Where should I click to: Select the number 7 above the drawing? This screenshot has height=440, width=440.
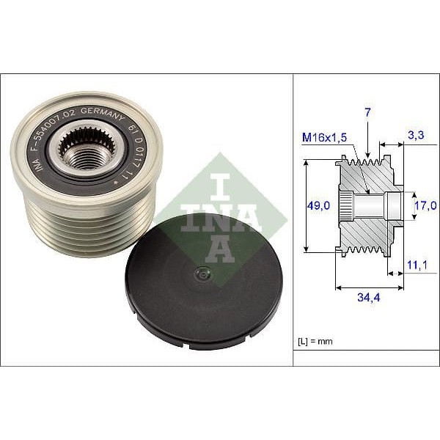pos(367,111)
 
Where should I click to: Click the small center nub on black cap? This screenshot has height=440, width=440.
pos(199,276)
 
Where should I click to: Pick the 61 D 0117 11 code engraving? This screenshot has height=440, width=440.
pos(139,150)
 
